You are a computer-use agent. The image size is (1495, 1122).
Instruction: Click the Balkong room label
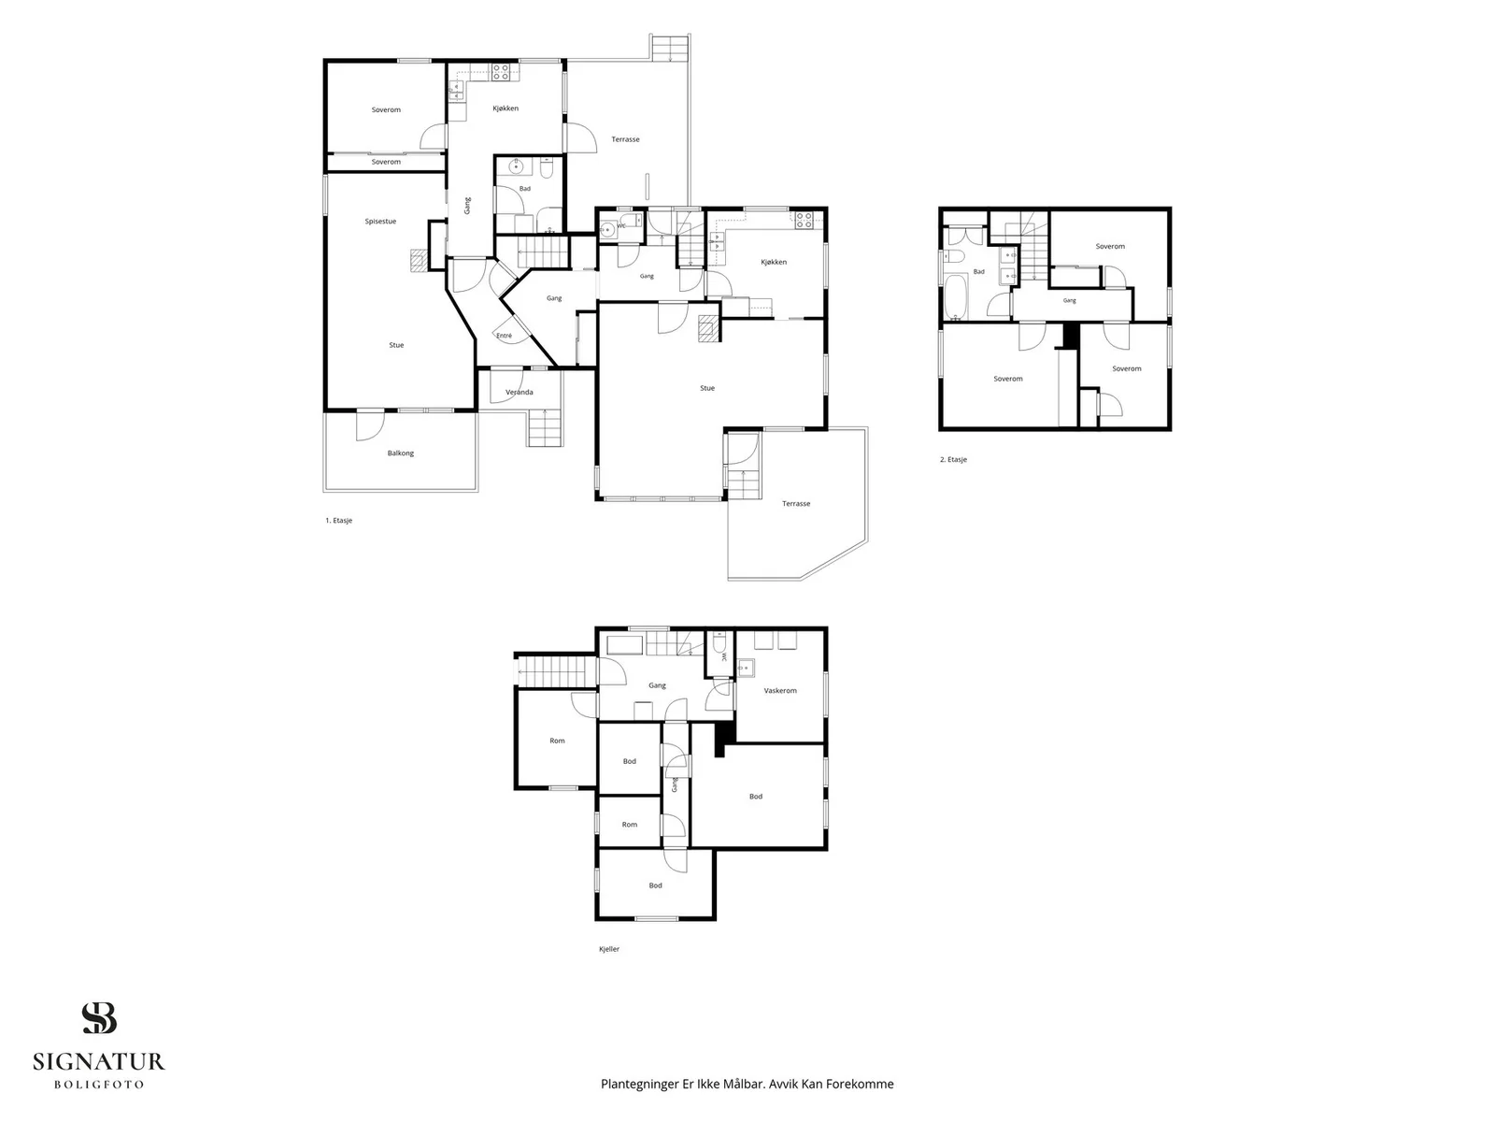pyautogui.click(x=401, y=453)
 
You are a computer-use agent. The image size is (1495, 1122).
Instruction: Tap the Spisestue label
pyautogui.click(x=380, y=222)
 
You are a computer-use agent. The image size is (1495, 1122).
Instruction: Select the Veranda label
pyautogui.click(x=519, y=393)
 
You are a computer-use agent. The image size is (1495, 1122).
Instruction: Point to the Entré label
pyautogui.click(x=504, y=336)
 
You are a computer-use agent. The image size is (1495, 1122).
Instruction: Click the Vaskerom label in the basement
pyautogui.click(x=780, y=691)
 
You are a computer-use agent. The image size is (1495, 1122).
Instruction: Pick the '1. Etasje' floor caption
pyautogui.click(x=338, y=521)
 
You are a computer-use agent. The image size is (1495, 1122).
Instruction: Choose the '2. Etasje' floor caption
pyautogui.click(x=954, y=460)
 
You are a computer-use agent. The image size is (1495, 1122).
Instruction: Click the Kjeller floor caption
pyautogui.click(x=609, y=949)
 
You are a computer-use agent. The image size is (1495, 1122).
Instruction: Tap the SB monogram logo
pyautogui.click(x=99, y=1018)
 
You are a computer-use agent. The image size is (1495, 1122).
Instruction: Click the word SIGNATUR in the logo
pyautogui.click(x=99, y=1062)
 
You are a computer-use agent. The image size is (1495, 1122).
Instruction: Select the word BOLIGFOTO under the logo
pyautogui.click(x=99, y=1085)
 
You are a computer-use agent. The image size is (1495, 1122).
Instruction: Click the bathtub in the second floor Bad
pyautogui.click(x=956, y=296)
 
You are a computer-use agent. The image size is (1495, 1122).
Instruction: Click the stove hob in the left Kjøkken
pyautogui.click(x=501, y=72)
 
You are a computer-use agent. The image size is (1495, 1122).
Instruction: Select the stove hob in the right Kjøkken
pyautogui.click(x=804, y=220)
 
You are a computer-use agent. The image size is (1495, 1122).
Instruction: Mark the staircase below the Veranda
pyautogui.click(x=545, y=427)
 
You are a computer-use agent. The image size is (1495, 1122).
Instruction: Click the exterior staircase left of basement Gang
pyautogui.click(x=555, y=671)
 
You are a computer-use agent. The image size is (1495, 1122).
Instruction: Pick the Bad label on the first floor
pyautogui.click(x=524, y=189)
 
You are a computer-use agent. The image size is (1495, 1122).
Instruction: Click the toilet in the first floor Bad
pyautogui.click(x=546, y=166)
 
